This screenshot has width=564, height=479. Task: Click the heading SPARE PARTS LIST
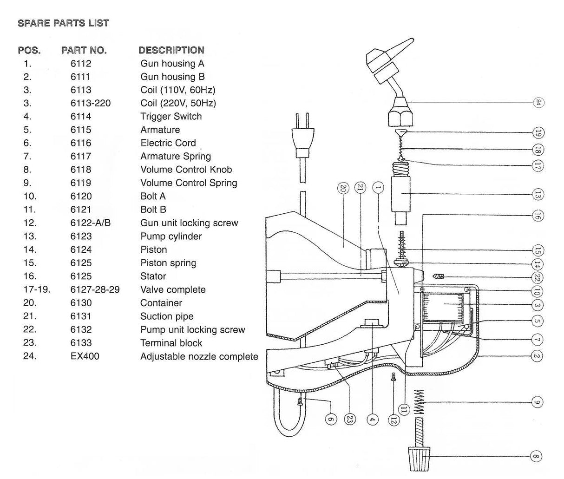pos(63,23)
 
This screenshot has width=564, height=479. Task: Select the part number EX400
pos(85,356)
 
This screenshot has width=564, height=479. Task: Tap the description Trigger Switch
pos(171,117)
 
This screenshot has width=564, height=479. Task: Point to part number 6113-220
pos(91,103)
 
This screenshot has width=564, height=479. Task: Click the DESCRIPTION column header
pos(171,50)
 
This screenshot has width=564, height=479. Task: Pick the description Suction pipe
pos(167,316)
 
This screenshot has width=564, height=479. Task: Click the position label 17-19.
pos(37,290)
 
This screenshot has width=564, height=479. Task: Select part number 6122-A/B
pos(91,223)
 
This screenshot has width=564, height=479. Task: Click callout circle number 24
pos(538,102)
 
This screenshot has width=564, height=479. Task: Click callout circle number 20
pos(343,188)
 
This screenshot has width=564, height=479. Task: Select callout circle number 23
pos(350,419)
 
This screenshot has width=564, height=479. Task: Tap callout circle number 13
pos(537,195)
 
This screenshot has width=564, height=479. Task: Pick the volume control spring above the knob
pos(419,402)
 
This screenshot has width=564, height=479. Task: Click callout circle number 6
pos(330,419)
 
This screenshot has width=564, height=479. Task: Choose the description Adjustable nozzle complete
pos(199,357)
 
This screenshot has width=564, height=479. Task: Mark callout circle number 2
pos(537,356)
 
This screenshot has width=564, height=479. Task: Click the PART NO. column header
pos(84,50)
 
